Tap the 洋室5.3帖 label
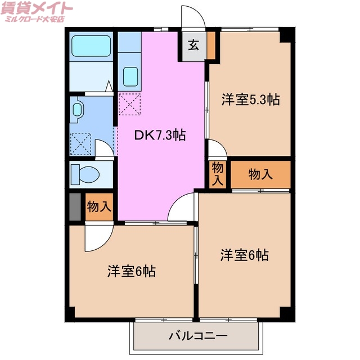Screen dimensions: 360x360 click(250, 100)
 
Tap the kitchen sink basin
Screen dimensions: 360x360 click(130, 76)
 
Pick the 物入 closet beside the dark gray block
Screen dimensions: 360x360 click(99, 207)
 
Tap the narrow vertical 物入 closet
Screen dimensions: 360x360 click(218, 174)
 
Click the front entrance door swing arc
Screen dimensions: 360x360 click(193, 16)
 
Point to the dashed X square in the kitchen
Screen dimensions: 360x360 click(129, 105)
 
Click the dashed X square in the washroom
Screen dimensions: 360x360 click(82, 143)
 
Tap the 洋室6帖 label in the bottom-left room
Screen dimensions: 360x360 click(132, 271)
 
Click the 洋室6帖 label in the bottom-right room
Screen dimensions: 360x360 click(244, 255)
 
